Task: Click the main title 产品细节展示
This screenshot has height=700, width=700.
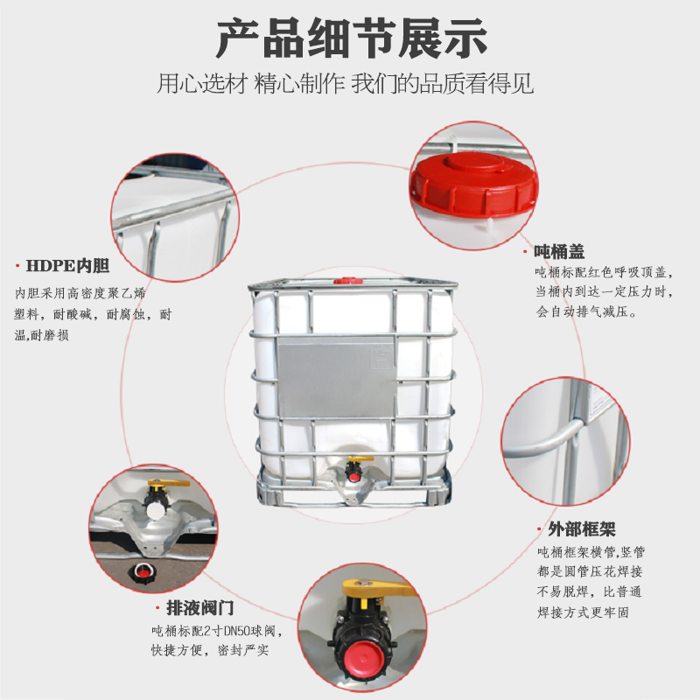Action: coord(350,39)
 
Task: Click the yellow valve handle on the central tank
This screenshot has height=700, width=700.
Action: coord(358,460)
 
